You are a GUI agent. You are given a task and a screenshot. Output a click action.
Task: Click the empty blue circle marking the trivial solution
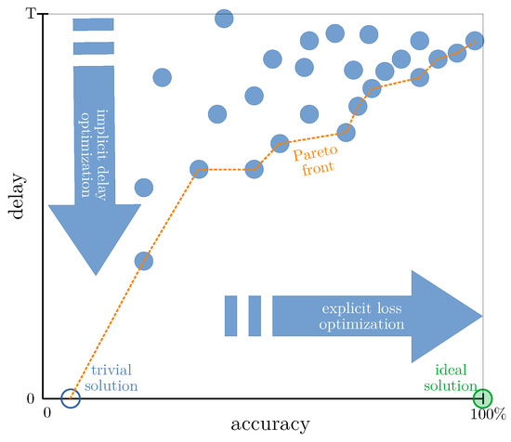click(x=71, y=398)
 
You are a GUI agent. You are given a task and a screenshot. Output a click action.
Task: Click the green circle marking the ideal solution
click(x=482, y=398)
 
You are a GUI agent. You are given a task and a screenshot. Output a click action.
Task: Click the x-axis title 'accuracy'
click(x=271, y=424)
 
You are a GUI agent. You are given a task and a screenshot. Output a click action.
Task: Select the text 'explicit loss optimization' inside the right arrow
click(x=363, y=316)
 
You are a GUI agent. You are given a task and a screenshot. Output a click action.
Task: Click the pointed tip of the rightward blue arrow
click(x=482, y=315)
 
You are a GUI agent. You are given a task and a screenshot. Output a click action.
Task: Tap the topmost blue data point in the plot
click(x=224, y=19)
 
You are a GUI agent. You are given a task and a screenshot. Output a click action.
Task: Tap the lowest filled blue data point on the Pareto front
click(x=143, y=260)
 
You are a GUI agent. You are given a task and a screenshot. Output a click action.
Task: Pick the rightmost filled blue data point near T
click(x=475, y=41)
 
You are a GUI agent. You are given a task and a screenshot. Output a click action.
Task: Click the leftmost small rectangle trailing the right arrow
click(x=232, y=316)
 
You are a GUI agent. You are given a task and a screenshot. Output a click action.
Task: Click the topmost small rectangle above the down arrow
click(x=94, y=23)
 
